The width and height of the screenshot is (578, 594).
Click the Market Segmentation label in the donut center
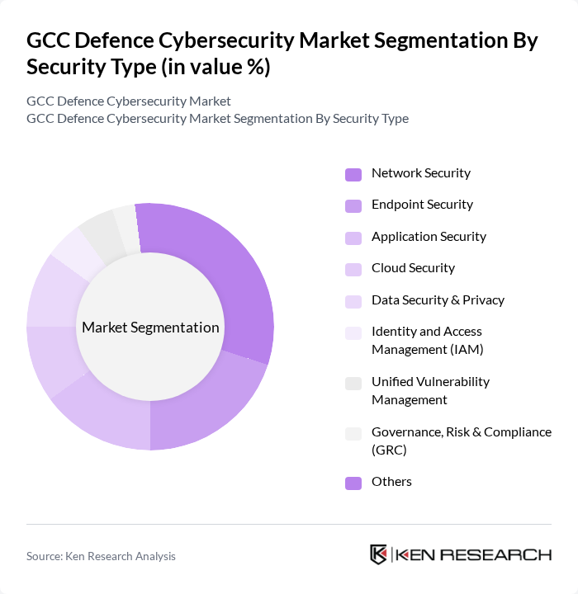click(x=150, y=328)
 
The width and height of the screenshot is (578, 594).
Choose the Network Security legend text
click(x=420, y=173)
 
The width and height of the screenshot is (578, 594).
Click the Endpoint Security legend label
click(x=422, y=205)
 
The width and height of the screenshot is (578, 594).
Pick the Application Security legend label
click(x=429, y=237)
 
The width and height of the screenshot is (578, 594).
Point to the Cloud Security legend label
click(x=413, y=268)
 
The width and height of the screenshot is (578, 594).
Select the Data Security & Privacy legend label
click(x=438, y=300)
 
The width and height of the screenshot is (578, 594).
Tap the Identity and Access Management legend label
click(x=427, y=340)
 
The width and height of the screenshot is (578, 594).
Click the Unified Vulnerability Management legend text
click(x=430, y=390)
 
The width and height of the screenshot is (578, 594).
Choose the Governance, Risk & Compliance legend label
click(x=461, y=441)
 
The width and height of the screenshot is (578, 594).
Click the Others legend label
click(x=391, y=482)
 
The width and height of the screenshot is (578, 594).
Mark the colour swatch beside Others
click(x=353, y=483)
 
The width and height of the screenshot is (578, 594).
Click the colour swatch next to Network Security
click(x=353, y=174)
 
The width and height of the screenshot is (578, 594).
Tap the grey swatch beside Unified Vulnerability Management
click(x=353, y=383)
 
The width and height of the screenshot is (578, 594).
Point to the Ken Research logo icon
click(x=379, y=554)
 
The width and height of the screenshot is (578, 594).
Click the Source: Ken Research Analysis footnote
click(x=101, y=556)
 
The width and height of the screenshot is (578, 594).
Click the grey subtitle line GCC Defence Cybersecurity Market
click(x=128, y=101)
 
